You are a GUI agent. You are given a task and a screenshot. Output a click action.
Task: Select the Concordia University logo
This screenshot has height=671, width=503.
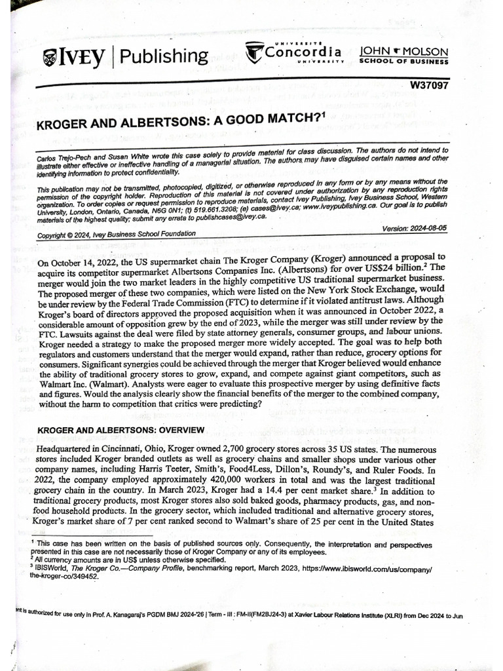294,52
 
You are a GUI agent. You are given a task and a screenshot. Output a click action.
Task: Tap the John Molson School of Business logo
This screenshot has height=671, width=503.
403,55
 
